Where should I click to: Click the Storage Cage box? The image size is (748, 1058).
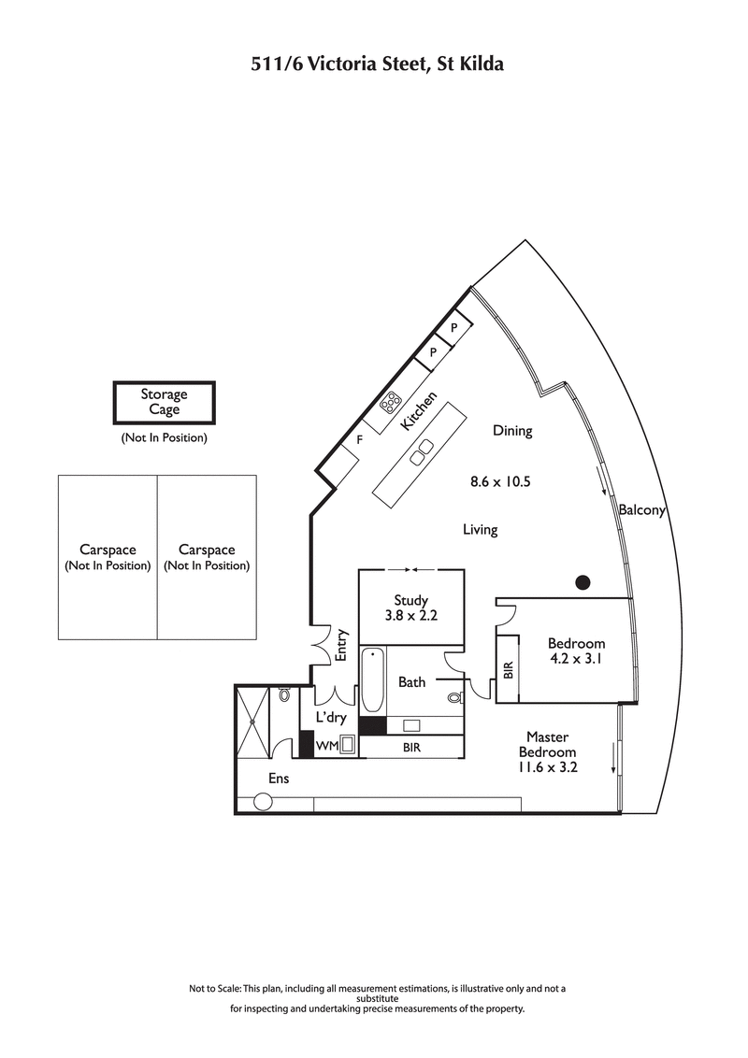pos(164,402)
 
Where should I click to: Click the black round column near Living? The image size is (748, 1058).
pos(583,582)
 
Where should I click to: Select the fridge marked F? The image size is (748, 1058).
pos(359,438)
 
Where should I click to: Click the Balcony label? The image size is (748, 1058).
pos(641,510)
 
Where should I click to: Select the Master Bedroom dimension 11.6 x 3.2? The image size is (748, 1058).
pos(547,767)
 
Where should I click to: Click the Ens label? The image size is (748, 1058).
pos(279,778)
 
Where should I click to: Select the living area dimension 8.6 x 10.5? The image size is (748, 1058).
pos(500,482)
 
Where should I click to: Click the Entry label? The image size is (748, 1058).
pos(342,645)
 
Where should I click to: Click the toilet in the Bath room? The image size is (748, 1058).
pos(454,697)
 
